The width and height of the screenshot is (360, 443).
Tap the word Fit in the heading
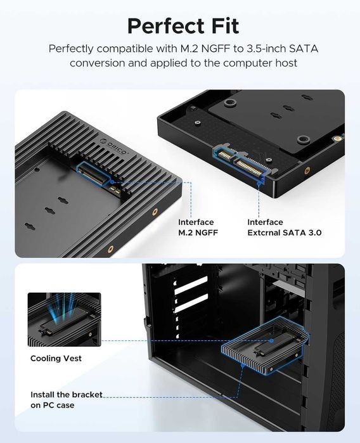click(221, 26)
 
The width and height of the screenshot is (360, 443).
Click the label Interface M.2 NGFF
click(196, 227)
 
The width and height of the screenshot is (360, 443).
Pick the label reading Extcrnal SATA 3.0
click(284, 233)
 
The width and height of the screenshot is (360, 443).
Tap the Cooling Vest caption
click(56, 359)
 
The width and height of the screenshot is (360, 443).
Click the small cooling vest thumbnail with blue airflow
click(64, 319)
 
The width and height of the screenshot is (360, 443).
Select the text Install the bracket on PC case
click(66, 400)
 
